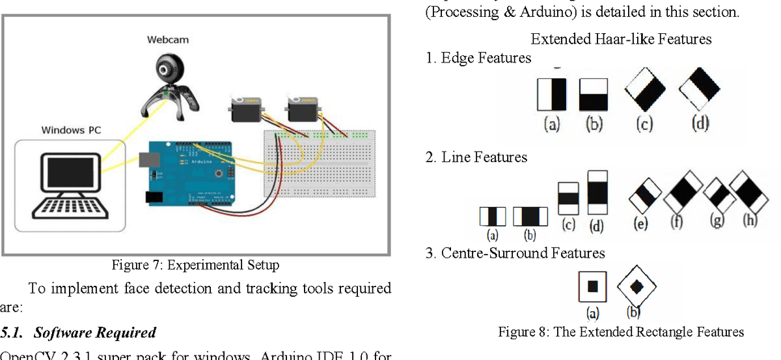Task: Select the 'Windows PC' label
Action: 72,130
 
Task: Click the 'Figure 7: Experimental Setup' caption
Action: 195,265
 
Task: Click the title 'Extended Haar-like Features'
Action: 621,39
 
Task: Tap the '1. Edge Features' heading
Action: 478,58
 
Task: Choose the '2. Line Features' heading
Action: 476,157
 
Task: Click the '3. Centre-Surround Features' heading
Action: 515,253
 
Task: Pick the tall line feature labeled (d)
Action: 597,193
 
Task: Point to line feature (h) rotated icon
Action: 748,191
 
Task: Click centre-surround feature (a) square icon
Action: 592,286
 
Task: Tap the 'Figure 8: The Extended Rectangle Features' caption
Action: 621,332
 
